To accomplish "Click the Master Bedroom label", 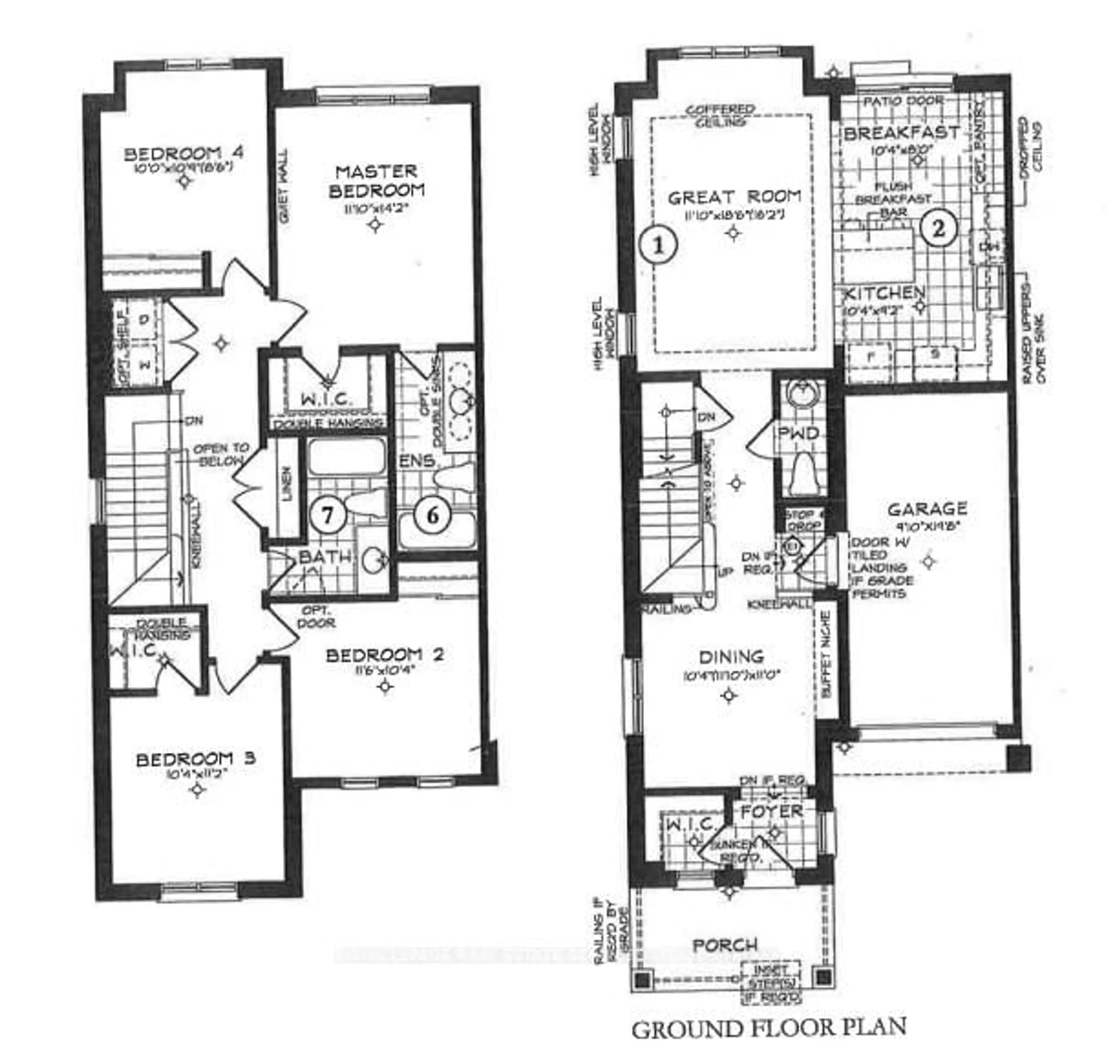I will click(x=376, y=180).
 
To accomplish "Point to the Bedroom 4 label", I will click(x=183, y=153).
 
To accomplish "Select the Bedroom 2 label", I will click(x=385, y=655).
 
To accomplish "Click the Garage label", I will click(x=927, y=509).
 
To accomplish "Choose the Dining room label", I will click(x=731, y=656).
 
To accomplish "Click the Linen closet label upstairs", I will click(x=287, y=484).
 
